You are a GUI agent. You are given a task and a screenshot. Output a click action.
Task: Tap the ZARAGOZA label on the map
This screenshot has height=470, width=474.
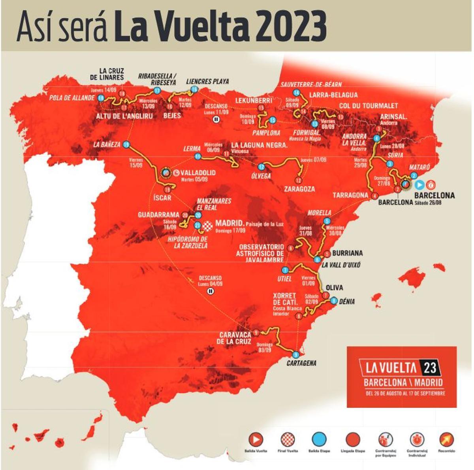click(299, 189)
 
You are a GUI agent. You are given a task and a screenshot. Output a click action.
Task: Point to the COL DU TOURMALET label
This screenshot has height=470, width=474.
click(369, 106)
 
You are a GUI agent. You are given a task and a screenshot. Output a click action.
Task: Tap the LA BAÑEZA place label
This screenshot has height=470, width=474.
click(107, 144)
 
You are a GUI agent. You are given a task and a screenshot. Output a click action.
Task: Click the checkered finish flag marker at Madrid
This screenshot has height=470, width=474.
click(208, 226)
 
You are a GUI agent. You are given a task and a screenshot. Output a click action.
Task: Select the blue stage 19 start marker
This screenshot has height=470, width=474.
click(126, 144)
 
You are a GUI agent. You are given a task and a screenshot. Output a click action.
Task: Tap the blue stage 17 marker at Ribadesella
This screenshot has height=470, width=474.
click(157, 91)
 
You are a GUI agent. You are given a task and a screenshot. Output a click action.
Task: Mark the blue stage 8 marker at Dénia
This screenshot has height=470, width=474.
click(334, 300)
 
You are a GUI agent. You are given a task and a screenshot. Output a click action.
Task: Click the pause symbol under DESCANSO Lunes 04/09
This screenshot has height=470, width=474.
click(210, 292)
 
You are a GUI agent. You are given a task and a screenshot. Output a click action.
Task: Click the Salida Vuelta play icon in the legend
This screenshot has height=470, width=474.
click(256, 439)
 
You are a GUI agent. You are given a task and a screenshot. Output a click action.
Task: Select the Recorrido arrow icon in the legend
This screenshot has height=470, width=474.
click(447, 439)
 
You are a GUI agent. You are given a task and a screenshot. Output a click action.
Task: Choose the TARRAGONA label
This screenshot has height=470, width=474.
click(350, 195)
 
